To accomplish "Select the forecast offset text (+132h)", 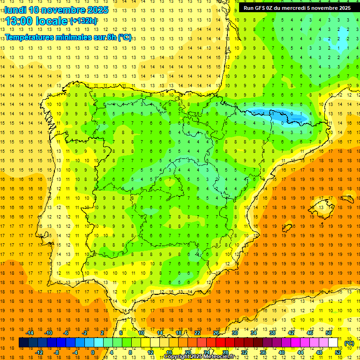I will tap(84, 21).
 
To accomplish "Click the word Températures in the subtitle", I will tap(32, 37).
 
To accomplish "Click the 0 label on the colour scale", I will tap(93, 352).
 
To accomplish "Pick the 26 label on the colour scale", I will tap(216, 333).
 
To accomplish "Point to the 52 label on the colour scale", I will tap(337, 352).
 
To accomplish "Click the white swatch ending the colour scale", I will tap(333, 343).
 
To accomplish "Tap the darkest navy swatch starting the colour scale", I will tap(24, 343).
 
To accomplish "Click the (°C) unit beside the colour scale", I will tap(349, 343).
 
